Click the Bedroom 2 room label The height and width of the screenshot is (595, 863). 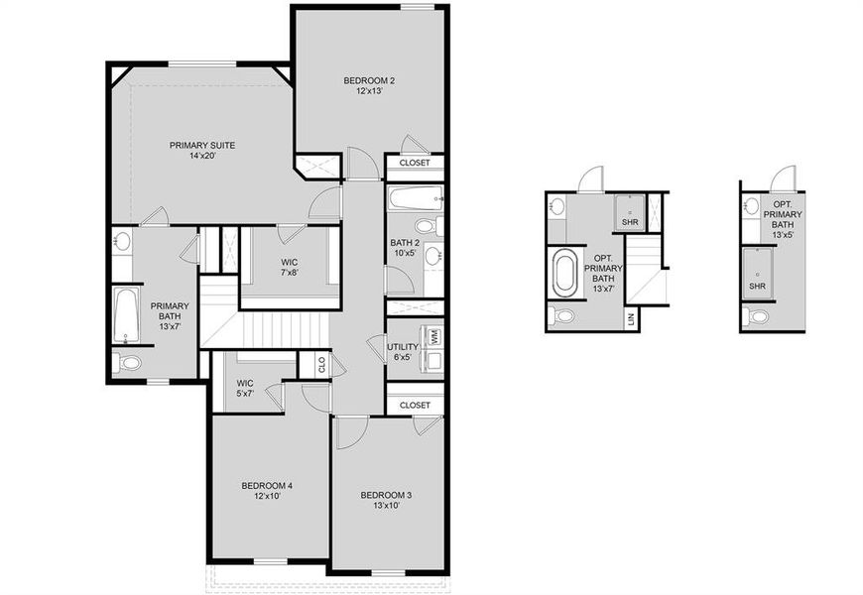coord(363,85)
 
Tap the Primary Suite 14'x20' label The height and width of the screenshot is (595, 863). coord(200,150)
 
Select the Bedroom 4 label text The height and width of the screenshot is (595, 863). coord(267,491)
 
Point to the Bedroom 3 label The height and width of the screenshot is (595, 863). coord(386,500)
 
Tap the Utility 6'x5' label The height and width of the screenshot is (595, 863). coord(403,352)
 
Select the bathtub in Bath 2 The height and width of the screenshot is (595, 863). coord(414,197)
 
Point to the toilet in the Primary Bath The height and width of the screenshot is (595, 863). coord(126,363)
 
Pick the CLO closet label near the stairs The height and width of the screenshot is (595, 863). coord(320,365)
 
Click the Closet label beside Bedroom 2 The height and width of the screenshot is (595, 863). coord(415,163)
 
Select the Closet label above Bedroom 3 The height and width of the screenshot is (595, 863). coord(415,405)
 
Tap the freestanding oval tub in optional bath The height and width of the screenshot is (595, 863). coord(564,274)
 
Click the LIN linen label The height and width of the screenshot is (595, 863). coord(630,319)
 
